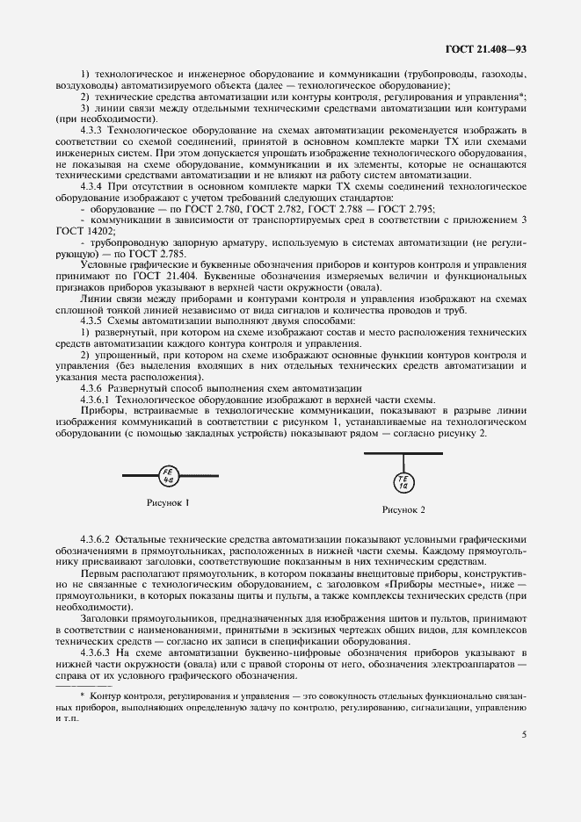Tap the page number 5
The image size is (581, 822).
523,736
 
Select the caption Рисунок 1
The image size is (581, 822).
168,502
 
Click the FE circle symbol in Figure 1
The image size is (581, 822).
168,475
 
